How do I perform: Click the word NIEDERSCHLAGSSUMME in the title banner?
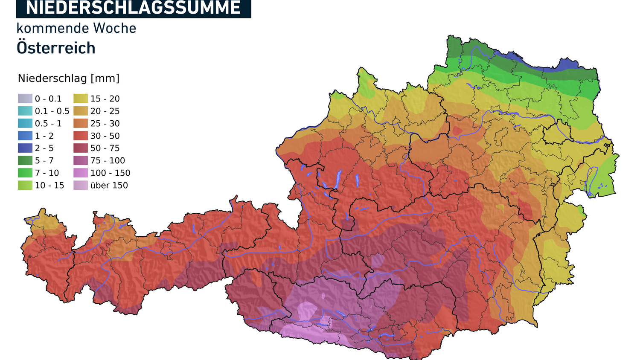[x=133, y=8]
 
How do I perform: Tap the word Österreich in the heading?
[x=56, y=48]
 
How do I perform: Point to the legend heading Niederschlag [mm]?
[x=69, y=78]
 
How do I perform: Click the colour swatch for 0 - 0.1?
[x=25, y=99]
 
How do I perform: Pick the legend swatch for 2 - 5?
[x=25, y=148]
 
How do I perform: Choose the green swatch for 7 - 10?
[x=25, y=173]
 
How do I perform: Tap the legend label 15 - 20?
[x=105, y=99]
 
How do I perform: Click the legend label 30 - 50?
[x=105, y=136]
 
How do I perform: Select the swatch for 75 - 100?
[x=81, y=160]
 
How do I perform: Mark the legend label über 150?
[x=109, y=185]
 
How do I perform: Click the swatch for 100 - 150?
[x=81, y=173]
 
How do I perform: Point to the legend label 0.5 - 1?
[x=48, y=123]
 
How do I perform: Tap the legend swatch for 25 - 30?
[x=81, y=123]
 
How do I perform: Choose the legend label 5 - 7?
[x=44, y=160]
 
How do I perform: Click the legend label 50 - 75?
[x=105, y=148]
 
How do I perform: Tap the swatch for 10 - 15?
[x=25, y=185]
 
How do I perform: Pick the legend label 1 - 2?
[x=44, y=136]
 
